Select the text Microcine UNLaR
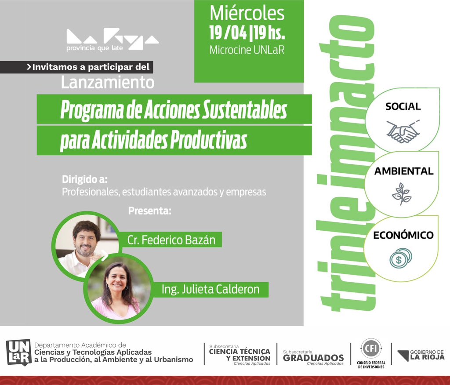(x=247, y=50)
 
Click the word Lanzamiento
(x=108, y=82)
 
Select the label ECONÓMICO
(x=403, y=235)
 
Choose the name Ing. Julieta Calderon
(x=210, y=290)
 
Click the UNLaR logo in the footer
(x=18, y=352)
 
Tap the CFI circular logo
(x=367, y=349)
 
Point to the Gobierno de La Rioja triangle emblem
(x=402, y=356)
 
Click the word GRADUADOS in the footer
(x=313, y=358)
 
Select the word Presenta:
(x=149, y=211)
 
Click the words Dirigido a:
(x=85, y=180)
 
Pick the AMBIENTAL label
(x=403, y=171)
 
